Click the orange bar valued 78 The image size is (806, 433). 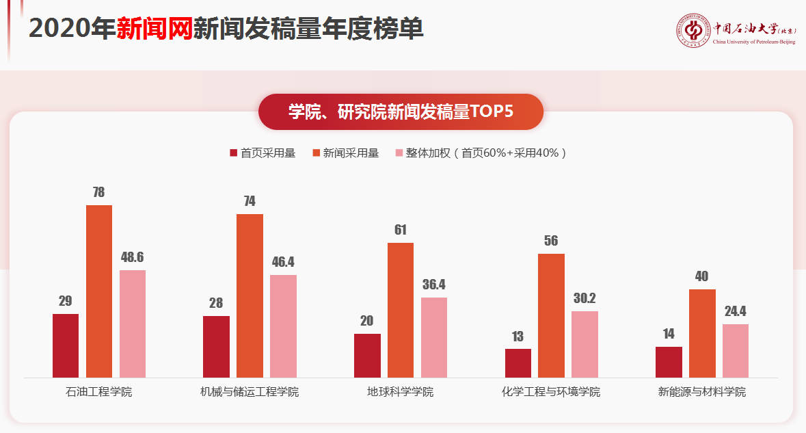[x=99, y=291]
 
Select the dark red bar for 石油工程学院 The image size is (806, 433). [x=66, y=345]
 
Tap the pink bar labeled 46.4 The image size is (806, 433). [x=283, y=326]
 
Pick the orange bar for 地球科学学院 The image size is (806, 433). [x=401, y=310]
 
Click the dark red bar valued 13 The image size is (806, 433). [x=518, y=363]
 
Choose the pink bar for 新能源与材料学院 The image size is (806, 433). [x=736, y=350]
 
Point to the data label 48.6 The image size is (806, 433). [x=132, y=258]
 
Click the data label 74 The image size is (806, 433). [x=250, y=201]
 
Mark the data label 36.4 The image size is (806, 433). [x=433, y=285]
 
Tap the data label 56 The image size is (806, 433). [x=551, y=241]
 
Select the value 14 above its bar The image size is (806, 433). [x=669, y=334]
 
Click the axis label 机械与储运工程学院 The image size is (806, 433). [x=250, y=393]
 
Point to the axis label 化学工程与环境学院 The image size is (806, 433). [x=551, y=393]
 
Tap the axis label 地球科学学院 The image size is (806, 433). [x=401, y=393]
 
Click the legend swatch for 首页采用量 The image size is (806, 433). [x=233, y=153]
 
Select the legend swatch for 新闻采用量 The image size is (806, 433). [x=316, y=153]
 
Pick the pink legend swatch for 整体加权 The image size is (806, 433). [x=399, y=153]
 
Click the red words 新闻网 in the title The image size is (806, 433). [x=154, y=29]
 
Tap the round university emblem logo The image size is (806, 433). [x=693, y=30]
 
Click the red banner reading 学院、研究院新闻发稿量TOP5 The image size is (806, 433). [x=401, y=111]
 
